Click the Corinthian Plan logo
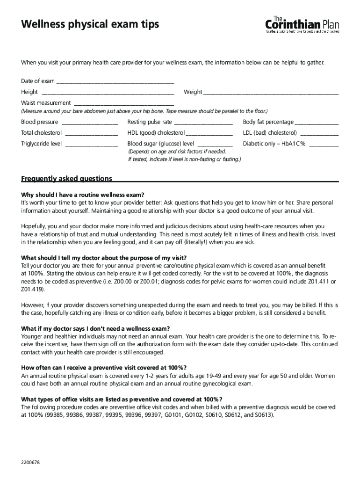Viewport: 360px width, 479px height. point(302,24)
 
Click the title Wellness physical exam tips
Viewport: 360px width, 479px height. point(90,24)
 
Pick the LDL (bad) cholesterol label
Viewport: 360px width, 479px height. point(270,133)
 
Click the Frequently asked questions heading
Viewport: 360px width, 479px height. point(67,179)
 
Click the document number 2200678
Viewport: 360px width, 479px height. point(30,463)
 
